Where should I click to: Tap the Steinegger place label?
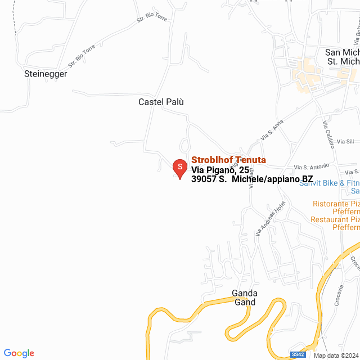46,74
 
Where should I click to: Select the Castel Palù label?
161,102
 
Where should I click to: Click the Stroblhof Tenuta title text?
228,160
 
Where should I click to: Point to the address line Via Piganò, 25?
220,170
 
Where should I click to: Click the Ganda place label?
245,293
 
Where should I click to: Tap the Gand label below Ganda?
245,302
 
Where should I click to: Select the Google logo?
18,353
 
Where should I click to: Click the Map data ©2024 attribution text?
336,355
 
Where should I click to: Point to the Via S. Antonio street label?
312,166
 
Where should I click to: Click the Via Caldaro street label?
328,134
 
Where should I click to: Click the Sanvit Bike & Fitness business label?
329,183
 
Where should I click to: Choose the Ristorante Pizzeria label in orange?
336,204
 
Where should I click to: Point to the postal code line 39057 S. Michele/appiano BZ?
252,179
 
